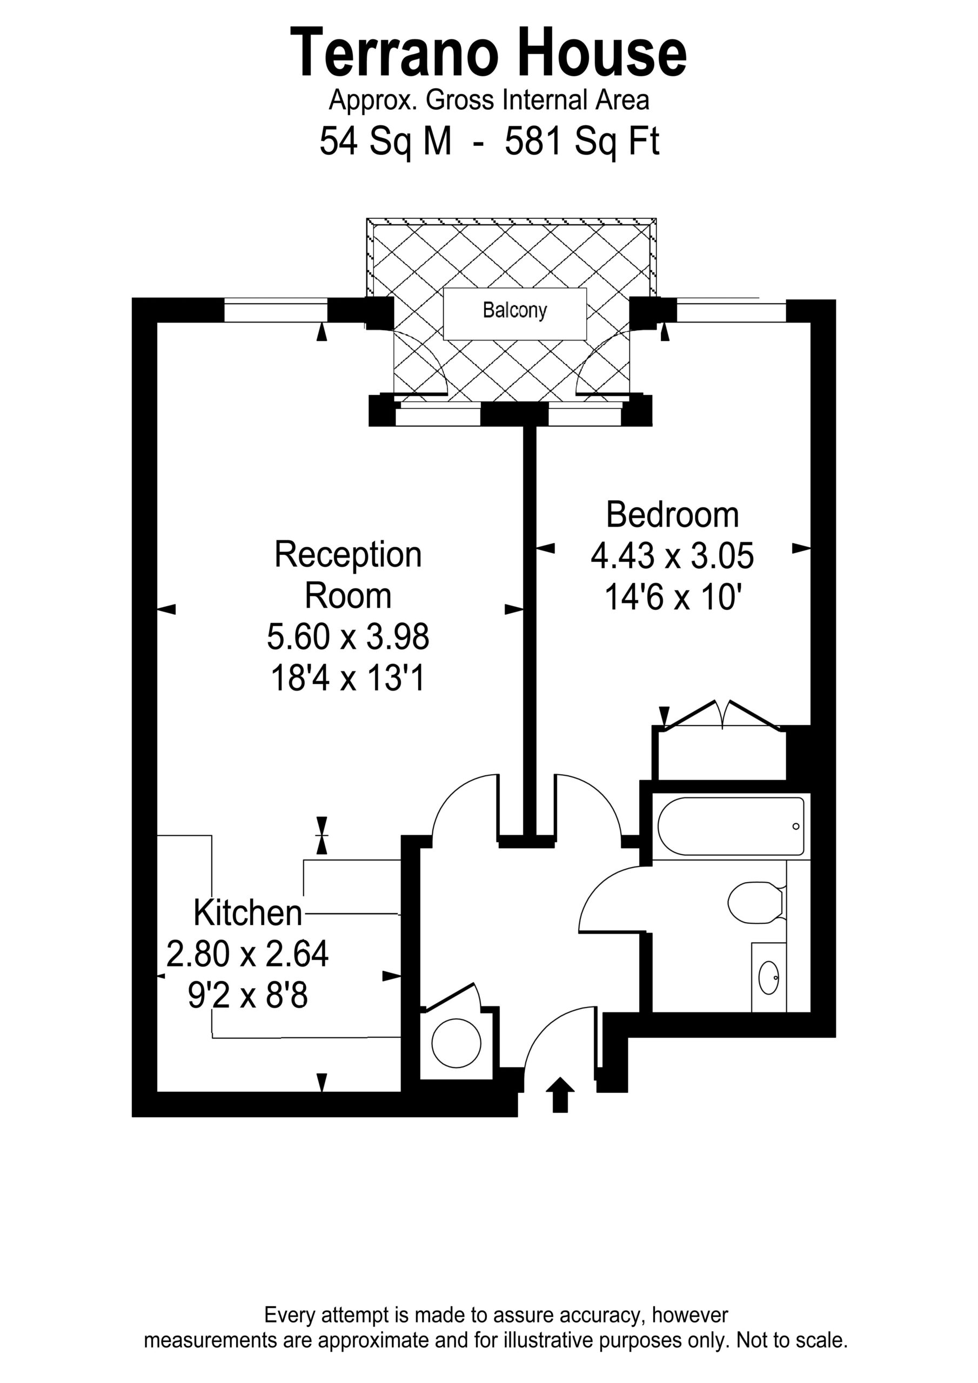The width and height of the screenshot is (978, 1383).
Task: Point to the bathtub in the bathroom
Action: (731, 827)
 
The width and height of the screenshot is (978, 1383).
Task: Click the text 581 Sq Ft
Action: (581, 142)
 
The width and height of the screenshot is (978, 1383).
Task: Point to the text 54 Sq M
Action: (385, 142)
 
